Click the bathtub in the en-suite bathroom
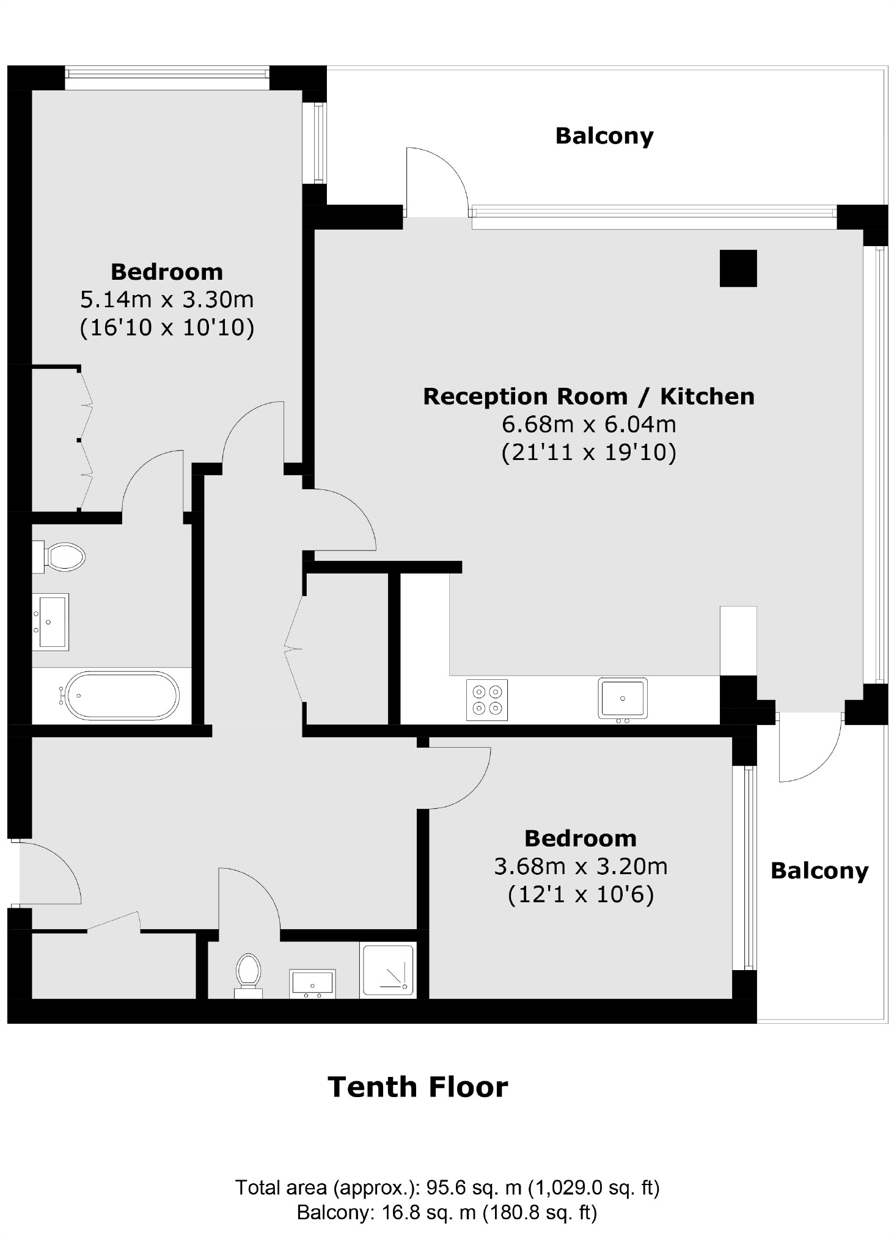122,696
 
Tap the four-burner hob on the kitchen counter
487,700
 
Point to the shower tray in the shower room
389,970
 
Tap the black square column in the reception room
738,268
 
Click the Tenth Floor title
417,1087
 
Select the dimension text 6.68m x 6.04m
588,424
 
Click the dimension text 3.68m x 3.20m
581,866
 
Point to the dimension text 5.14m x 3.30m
167,299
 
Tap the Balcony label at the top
604,136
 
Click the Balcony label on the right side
819,870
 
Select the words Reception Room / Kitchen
588,396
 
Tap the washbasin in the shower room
312,982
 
